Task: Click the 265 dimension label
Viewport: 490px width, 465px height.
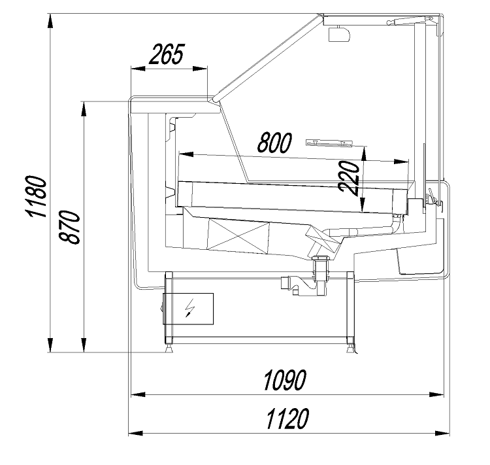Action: click(167, 54)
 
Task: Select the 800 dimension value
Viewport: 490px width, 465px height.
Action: click(274, 143)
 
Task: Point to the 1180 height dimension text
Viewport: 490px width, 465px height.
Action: click(36, 196)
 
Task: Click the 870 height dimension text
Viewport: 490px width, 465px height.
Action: click(70, 227)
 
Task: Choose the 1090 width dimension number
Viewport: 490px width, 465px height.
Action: click(285, 380)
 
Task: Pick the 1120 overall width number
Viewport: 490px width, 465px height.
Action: click(287, 419)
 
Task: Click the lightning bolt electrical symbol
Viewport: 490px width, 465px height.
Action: click(189, 308)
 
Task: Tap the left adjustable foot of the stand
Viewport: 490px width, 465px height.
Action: click(169, 348)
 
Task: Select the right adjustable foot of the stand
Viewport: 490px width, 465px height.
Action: click(351, 348)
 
